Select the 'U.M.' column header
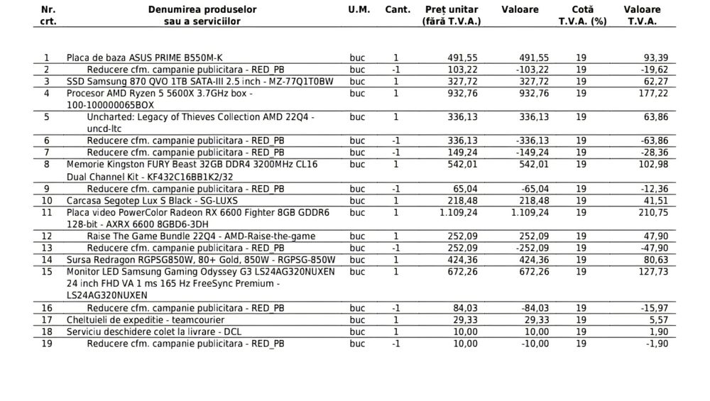359,10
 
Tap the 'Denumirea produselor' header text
202,10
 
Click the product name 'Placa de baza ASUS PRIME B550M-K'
148,57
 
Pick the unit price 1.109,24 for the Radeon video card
455,212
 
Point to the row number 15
47,271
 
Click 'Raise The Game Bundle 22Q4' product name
201,236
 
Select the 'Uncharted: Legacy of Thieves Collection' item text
201,116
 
